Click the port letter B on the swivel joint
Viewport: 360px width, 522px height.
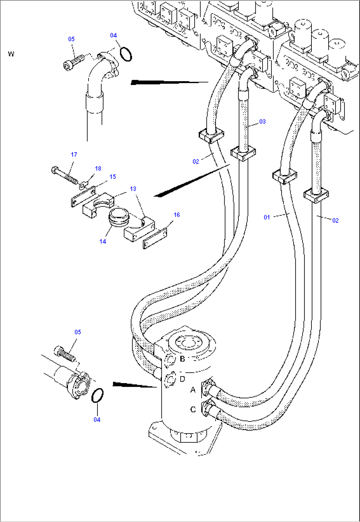point(182,359)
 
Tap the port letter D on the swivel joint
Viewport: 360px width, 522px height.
point(183,379)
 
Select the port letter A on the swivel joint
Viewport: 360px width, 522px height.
point(193,390)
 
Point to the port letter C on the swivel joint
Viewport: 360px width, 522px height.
point(193,409)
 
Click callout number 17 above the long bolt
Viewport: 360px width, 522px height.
point(74,154)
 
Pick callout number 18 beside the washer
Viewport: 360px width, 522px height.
point(98,169)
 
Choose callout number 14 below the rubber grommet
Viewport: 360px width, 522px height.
point(103,242)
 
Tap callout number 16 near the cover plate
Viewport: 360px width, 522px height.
point(177,215)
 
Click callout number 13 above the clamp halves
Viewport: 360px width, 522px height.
point(133,189)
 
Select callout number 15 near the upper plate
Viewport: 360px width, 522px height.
point(113,177)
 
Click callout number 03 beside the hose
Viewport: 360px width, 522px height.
point(262,122)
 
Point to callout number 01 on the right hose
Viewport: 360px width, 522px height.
point(267,217)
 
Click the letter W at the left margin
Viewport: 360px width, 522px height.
point(11,54)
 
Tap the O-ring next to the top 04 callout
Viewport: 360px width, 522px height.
point(126,54)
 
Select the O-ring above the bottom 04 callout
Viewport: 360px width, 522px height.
point(97,395)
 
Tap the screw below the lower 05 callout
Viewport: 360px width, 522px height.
point(65,353)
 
